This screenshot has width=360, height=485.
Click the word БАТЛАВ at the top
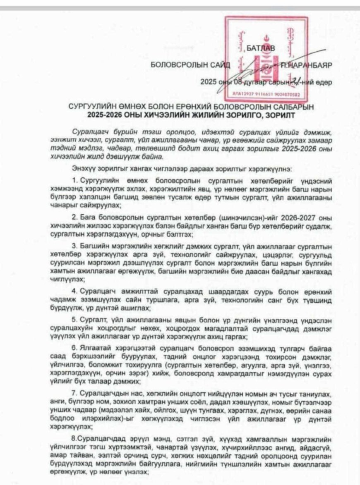tap(260, 50)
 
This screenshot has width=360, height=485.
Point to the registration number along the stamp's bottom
tap(265, 94)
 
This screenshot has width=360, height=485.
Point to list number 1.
tap(74, 181)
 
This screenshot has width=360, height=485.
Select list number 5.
tap(74, 319)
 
